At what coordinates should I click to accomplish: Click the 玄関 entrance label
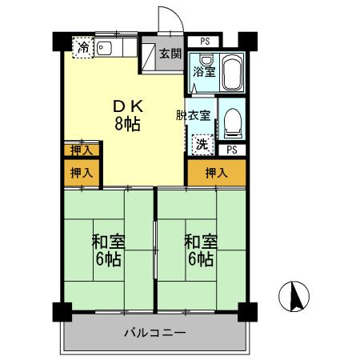pos(170,54)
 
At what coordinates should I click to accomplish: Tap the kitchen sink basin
pos(104,49)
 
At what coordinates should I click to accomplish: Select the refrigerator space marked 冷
pos(83,47)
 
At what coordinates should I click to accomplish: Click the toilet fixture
pos(233,123)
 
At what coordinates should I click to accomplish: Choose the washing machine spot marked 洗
pos(203,144)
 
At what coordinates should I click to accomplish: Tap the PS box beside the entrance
pos(203,42)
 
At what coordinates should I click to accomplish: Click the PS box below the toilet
pos(232,150)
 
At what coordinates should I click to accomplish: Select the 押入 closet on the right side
pos(217,173)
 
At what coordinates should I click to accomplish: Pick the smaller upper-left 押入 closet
pos(82,150)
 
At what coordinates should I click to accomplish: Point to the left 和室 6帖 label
pos(108,250)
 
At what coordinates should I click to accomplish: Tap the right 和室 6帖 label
pos(201,250)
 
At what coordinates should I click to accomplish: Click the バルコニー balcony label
pos(154,333)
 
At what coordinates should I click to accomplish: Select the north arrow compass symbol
pos(294,296)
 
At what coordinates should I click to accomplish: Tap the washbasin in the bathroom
pos(206,59)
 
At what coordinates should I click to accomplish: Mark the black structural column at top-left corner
pos(62,42)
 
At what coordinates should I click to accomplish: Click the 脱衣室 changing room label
pos(193,115)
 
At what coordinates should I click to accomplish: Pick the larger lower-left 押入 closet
pos(82,173)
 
